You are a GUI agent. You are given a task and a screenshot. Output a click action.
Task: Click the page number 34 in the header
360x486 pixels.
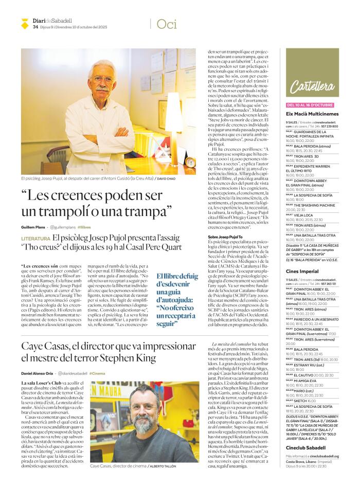click(35, 27)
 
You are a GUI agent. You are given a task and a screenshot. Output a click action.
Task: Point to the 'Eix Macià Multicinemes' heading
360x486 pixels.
click(312, 114)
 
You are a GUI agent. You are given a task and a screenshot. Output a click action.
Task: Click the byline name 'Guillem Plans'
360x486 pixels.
click(33, 227)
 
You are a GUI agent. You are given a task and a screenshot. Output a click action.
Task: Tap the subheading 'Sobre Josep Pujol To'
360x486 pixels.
click(225, 237)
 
